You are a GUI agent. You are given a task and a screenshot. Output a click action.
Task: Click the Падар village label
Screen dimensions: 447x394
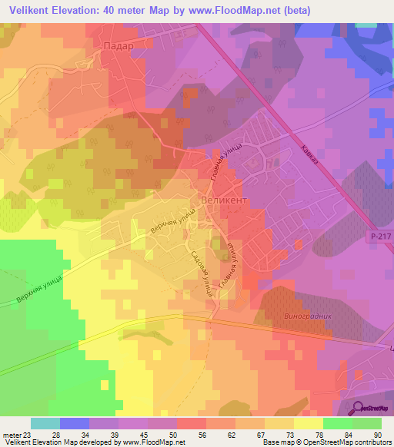click(x=118, y=46)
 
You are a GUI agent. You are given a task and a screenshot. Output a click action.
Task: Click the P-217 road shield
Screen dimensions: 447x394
click(x=377, y=238)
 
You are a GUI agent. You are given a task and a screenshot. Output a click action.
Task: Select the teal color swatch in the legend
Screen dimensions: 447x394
click(x=45, y=423)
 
